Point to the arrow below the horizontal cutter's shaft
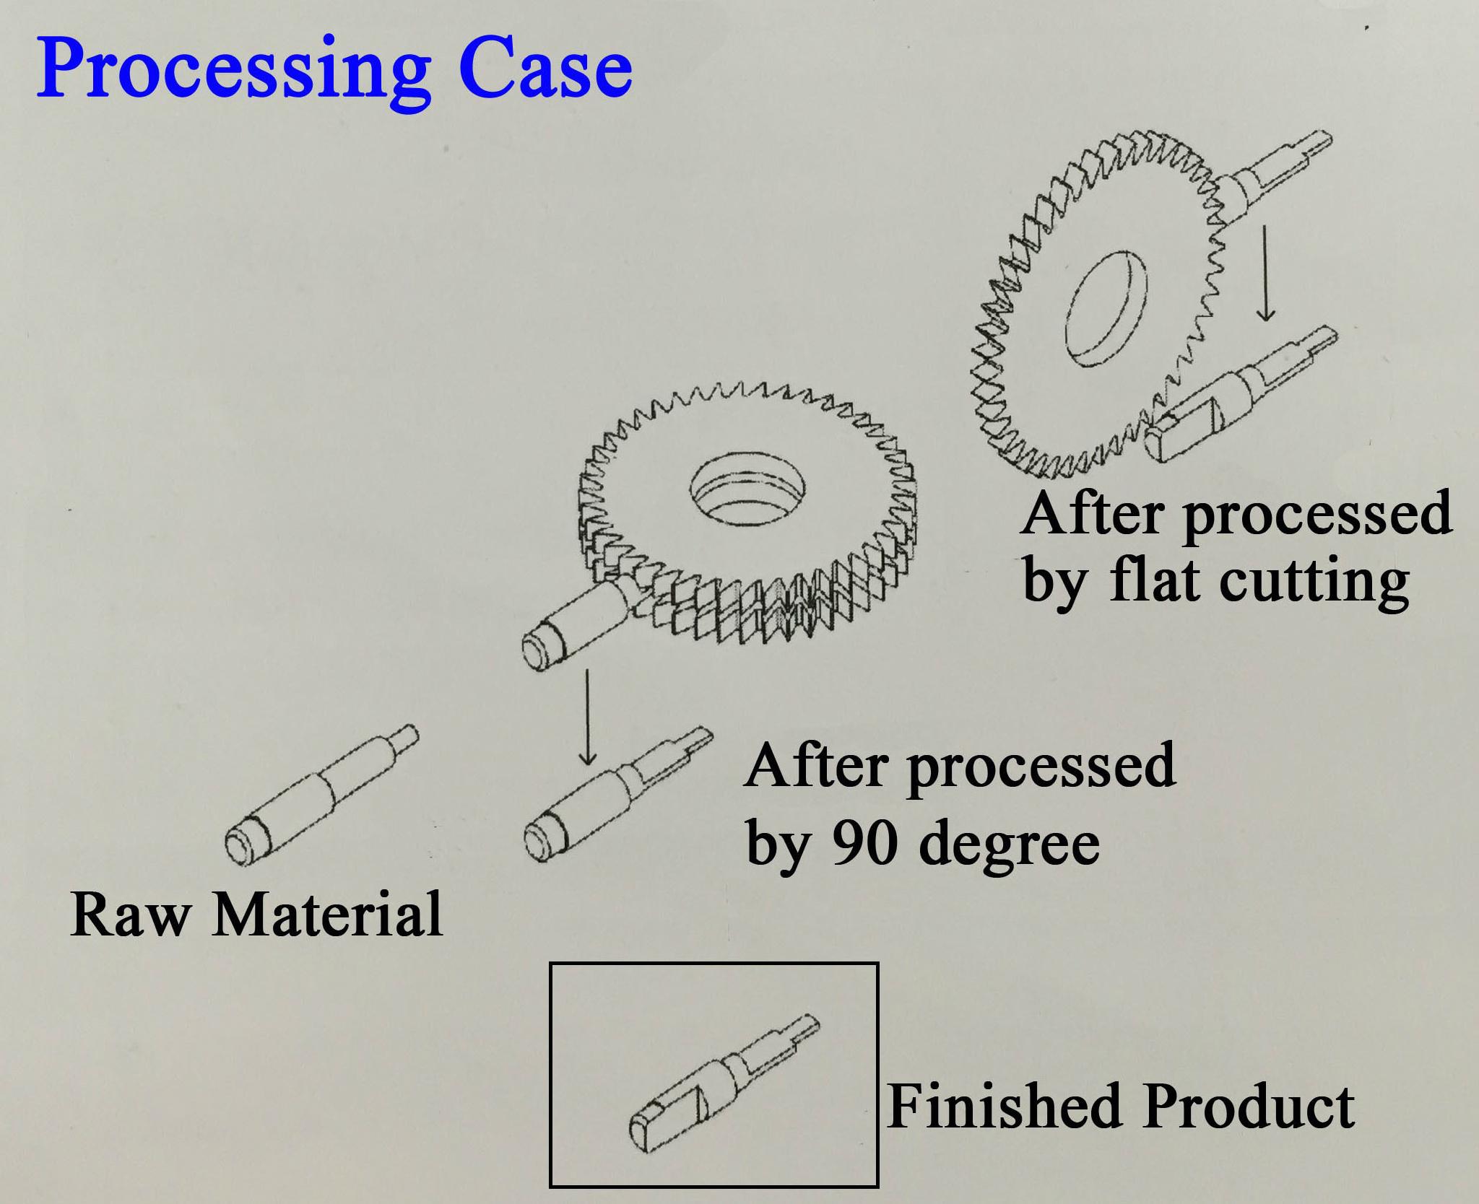click(x=589, y=718)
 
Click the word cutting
click(x=1314, y=582)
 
